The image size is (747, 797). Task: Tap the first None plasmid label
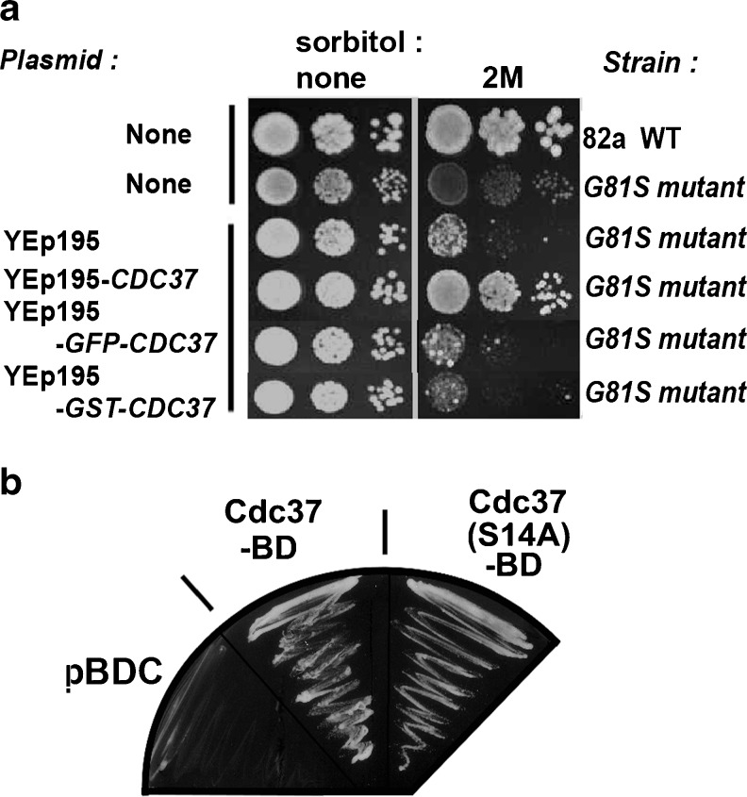coord(158,135)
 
